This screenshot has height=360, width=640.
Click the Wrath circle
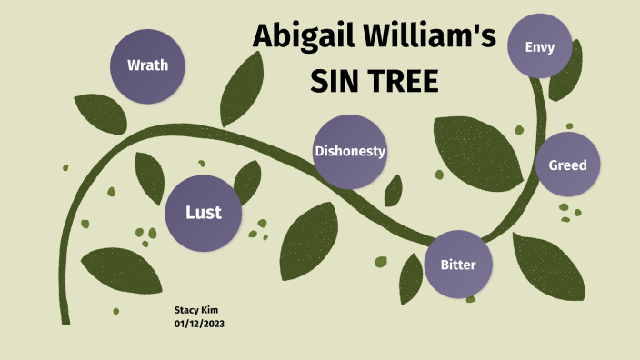(146, 65)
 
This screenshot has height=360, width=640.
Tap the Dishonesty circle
(349, 152)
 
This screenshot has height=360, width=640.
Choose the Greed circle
(567, 165)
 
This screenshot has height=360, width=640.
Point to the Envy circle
(540, 45)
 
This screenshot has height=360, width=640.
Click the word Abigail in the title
(302, 38)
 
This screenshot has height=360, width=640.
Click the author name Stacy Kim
(196, 310)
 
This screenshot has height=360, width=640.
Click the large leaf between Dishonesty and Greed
(476, 150)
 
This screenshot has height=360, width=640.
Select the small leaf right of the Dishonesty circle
(393, 189)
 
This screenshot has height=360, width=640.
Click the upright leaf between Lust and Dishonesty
(247, 183)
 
